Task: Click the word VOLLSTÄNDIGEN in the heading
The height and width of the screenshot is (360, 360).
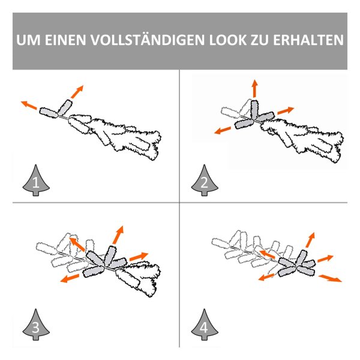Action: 147,40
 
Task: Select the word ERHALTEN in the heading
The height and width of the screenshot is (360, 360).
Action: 308,40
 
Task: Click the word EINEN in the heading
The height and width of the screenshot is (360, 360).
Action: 65,40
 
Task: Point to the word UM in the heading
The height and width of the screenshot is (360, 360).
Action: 28,40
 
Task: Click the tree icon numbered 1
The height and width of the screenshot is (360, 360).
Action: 36,180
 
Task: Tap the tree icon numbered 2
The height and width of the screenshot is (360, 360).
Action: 205,180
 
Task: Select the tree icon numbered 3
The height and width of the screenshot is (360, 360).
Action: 36,325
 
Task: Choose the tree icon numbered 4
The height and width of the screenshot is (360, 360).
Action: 205,325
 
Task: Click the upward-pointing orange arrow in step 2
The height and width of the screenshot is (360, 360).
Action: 254,89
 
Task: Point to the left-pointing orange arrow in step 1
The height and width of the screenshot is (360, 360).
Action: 29,105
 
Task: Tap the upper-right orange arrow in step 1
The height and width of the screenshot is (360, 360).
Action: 77,92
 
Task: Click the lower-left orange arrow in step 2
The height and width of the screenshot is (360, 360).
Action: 223,130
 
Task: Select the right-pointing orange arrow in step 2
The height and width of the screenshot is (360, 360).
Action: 286,110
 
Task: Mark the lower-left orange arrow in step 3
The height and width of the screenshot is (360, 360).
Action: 70,278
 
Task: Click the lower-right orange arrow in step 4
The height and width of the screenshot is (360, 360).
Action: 330,278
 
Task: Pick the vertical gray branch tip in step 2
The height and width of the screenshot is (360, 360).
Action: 254,109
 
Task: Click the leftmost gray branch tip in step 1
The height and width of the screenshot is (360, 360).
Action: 49,113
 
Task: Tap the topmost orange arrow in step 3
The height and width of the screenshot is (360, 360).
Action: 118,235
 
